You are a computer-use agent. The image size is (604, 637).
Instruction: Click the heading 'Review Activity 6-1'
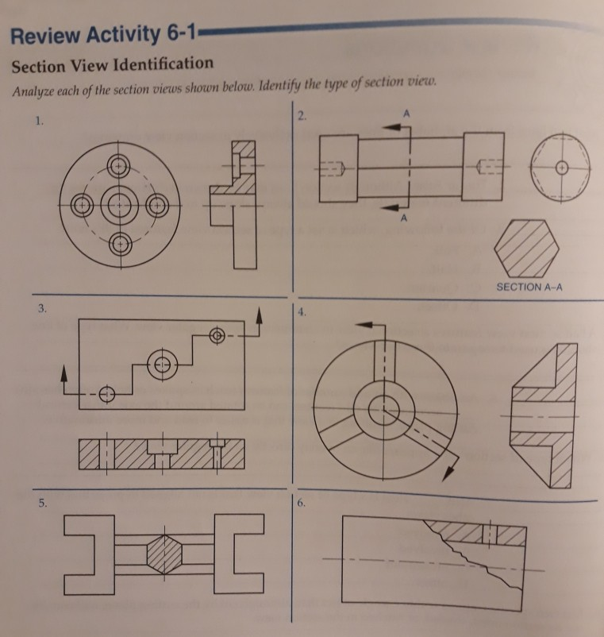pyautogui.click(x=102, y=37)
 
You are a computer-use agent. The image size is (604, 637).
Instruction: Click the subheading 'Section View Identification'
pyautogui.click(x=112, y=64)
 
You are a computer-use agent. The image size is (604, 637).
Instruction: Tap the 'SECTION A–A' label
pyautogui.click(x=529, y=288)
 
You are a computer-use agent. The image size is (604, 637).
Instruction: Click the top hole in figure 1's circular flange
pyautogui.click(x=119, y=167)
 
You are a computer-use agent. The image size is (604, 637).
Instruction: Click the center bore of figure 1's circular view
pyautogui.click(x=119, y=203)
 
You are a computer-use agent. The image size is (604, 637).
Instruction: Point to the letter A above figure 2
pyautogui.click(x=407, y=114)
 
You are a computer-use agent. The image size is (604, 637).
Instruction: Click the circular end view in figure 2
pyautogui.click(x=560, y=168)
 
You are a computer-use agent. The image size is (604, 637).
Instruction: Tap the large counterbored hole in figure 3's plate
pyautogui.click(x=162, y=363)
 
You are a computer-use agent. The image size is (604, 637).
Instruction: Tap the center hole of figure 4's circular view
pyautogui.click(x=383, y=407)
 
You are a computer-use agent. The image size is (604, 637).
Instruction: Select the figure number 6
pyautogui.click(x=298, y=504)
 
